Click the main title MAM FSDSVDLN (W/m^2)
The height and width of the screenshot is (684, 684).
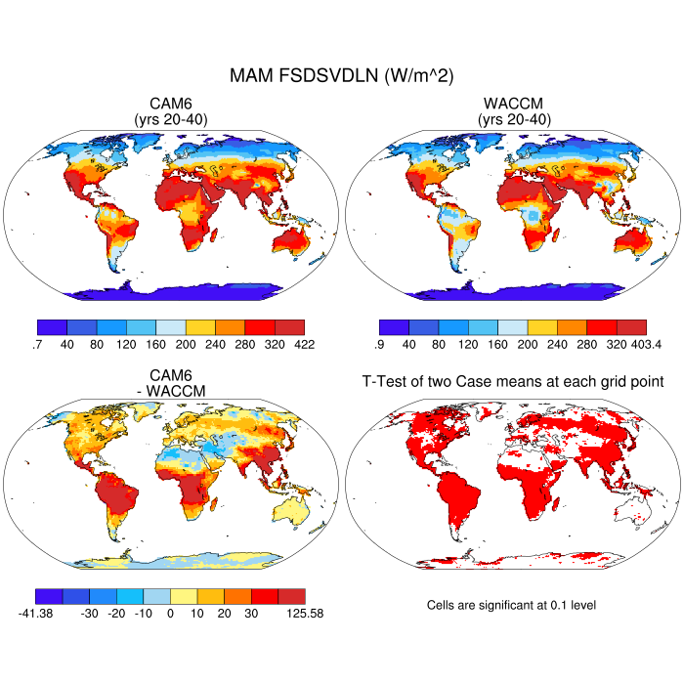[342, 75]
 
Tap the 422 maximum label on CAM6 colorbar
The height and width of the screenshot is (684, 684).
[305, 344]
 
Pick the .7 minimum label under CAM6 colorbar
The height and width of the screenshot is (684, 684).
[35, 344]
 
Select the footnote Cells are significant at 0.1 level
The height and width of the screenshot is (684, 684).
[511, 605]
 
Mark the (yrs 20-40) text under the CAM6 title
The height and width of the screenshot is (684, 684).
[171, 119]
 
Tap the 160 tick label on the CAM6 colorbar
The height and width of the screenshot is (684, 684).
[156, 344]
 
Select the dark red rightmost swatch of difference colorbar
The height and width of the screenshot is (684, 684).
[290, 595]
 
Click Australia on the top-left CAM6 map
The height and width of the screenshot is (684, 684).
[290, 240]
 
